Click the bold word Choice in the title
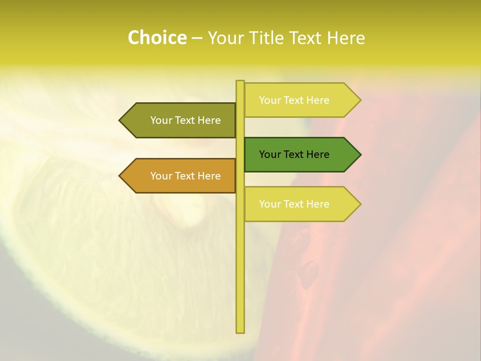click(157, 38)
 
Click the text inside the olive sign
click(185, 120)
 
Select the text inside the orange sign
click(185, 176)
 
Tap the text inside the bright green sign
click(294, 154)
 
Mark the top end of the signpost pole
click(240, 82)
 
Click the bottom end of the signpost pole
click(240, 331)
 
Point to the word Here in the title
click(346, 38)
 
